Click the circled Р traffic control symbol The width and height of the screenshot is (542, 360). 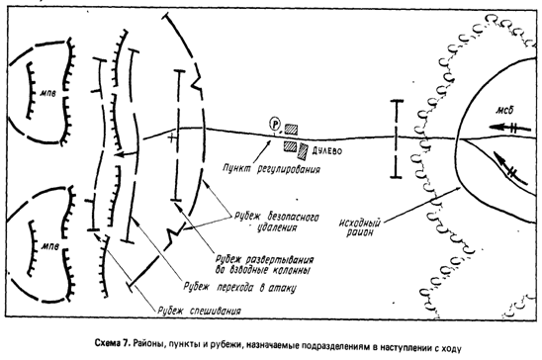click(275, 124)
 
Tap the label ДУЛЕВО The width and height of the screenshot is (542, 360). click(327, 151)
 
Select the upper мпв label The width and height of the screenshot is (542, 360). click(47, 93)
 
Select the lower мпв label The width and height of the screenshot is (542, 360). click(50, 246)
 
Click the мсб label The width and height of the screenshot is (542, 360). click(505, 110)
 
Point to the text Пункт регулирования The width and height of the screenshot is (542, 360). click(271, 169)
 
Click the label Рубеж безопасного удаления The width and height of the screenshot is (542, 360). click(277, 223)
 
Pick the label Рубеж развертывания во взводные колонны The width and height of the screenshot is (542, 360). click(264, 265)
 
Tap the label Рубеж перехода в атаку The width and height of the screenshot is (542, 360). click(240, 288)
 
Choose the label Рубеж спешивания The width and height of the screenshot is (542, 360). click(199, 311)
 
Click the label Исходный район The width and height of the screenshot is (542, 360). click(359, 227)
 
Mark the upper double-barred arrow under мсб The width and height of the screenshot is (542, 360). click(510, 128)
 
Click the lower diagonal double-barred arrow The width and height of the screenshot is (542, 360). click(511, 169)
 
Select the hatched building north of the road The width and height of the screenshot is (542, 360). click(291, 130)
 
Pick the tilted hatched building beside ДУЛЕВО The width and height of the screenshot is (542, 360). click(304, 151)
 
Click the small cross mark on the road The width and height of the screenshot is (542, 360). click(172, 138)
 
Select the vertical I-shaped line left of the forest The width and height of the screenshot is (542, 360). click(397, 138)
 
